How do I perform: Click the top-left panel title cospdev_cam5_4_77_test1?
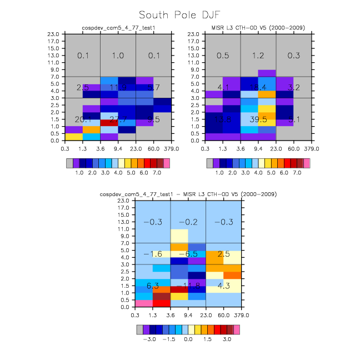click(110, 28)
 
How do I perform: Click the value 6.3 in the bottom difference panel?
click(153, 286)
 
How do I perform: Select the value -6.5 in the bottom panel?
click(188, 253)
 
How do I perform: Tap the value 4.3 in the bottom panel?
click(223, 286)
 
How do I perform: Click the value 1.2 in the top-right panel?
click(258, 56)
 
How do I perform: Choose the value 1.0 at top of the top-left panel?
click(118, 56)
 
